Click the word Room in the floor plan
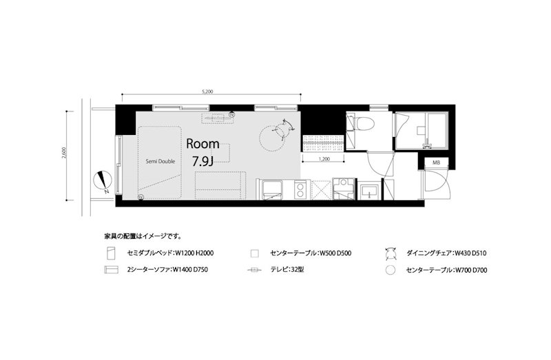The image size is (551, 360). (x=203, y=145)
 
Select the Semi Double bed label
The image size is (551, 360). (x=160, y=162)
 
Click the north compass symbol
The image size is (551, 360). (x=103, y=180)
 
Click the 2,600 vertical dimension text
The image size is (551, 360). (x=64, y=153)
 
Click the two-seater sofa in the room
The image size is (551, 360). (x=219, y=184)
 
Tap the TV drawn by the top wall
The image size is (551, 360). (x=218, y=117)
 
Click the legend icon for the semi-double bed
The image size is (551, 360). (x=109, y=253)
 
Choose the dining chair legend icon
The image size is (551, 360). (x=392, y=253)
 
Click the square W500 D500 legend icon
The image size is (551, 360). (x=254, y=253)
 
